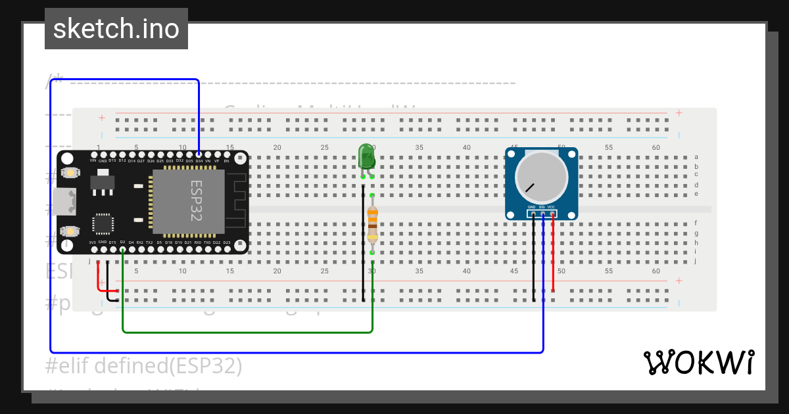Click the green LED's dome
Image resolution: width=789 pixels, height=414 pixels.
tap(366, 156)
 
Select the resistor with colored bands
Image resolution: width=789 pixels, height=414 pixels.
tap(372, 223)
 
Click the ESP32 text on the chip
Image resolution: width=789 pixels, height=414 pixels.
tap(196, 201)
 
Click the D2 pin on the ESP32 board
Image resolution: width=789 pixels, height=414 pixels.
tap(122, 249)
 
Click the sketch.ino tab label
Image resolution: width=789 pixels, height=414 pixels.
tap(116, 29)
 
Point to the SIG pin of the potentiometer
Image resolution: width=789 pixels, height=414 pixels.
tap(542, 214)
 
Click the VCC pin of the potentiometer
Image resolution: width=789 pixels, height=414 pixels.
tap(552, 214)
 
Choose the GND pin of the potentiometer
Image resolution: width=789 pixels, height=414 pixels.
tap(533, 214)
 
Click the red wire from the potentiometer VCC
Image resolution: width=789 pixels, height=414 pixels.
tap(553, 256)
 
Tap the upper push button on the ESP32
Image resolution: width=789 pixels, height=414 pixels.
tap(69, 173)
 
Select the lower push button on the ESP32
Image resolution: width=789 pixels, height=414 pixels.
tap(69, 231)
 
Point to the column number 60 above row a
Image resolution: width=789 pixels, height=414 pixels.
tap(656, 148)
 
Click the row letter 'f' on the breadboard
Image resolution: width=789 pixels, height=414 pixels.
tap(696, 223)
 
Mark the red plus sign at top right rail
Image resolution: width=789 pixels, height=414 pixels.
tap(679, 113)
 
